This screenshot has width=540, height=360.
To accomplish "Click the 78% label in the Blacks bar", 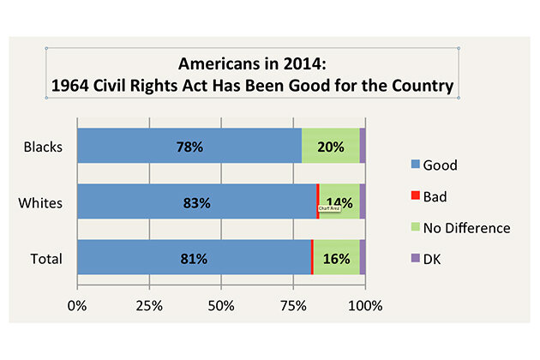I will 189,147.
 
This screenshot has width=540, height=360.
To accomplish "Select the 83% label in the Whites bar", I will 196,203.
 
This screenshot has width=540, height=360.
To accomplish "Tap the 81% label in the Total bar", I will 193,258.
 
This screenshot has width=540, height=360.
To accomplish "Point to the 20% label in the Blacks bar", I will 330,147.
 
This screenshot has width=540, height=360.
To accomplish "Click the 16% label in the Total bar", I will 335,258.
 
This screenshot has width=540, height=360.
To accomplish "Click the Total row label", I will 45,258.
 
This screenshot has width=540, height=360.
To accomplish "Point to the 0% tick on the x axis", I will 77,305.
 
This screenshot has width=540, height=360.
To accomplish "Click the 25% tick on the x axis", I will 149,305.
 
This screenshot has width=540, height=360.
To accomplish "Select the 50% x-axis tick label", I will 221,305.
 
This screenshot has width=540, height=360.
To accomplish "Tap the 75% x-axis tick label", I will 293,305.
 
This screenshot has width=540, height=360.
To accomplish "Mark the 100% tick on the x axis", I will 365,305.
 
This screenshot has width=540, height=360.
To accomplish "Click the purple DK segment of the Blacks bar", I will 363,146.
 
